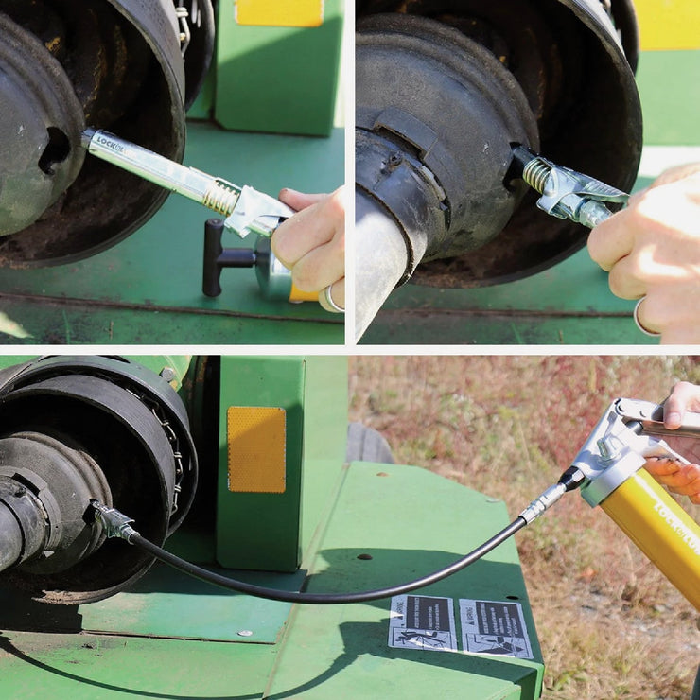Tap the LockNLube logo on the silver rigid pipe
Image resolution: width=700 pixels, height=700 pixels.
click(x=112, y=145)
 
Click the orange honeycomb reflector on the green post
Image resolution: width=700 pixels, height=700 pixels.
click(x=256, y=449)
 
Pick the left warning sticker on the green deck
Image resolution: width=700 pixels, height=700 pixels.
click(x=422, y=622)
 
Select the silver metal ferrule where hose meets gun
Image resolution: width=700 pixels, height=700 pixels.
click(x=544, y=502)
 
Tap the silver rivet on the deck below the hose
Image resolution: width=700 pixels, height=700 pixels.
click(x=244, y=633)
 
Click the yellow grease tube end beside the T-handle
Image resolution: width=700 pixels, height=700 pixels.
click(x=303, y=293)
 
